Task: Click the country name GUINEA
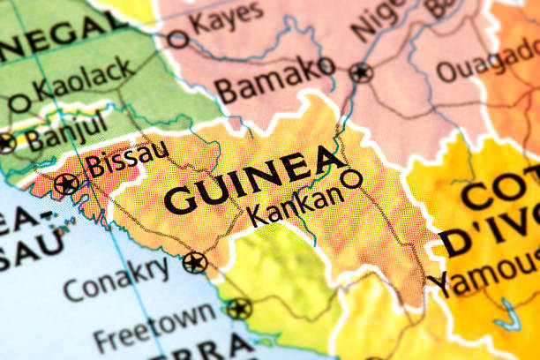[x=255, y=181]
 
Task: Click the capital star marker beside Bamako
[x=360, y=73]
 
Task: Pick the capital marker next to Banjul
[x=6, y=143]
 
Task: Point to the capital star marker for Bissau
[x=65, y=184]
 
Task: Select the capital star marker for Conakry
[x=195, y=262]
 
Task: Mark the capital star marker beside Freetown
[x=238, y=309]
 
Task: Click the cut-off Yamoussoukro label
[x=484, y=275]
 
